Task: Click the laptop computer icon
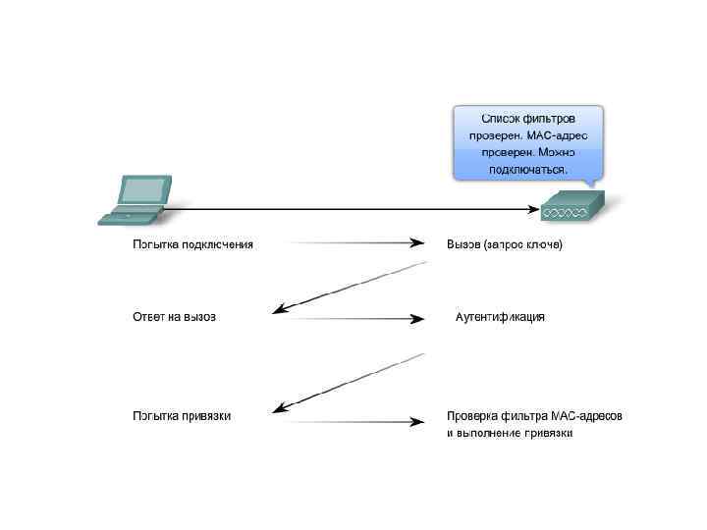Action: coord(135,199)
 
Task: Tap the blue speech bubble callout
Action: coord(527,142)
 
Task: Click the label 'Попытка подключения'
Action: coord(193,243)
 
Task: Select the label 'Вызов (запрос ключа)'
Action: coord(505,243)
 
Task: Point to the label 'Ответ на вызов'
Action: coord(174,317)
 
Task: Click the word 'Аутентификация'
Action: coord(500,317)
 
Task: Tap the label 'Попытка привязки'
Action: coord(183,415)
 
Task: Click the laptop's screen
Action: coord(144,189)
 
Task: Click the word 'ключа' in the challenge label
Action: coord(543,243)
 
